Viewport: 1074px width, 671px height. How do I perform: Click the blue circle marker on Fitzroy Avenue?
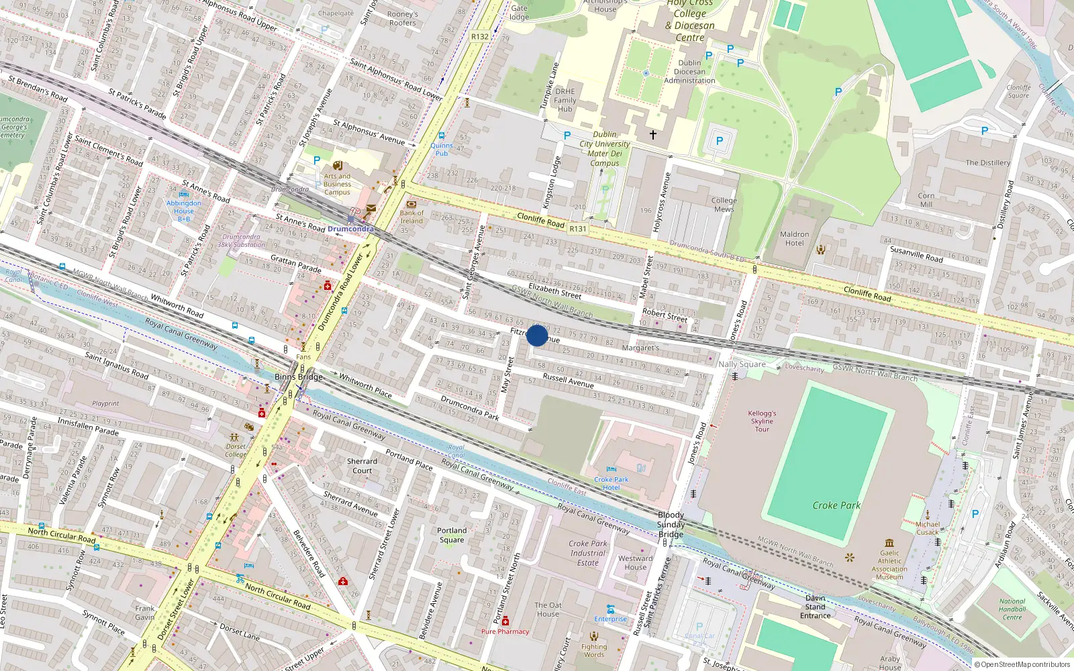[537, 335]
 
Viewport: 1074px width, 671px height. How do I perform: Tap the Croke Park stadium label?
[836, 505]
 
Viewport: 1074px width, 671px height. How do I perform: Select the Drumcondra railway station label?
[350, 229]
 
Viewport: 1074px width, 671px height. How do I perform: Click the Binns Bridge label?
[298, 376]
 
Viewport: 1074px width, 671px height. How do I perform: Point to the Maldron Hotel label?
[794, 239]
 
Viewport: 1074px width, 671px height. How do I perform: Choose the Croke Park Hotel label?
[611, 483]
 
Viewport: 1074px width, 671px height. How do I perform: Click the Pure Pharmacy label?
[505, 631]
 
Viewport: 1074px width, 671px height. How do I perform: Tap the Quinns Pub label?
[442, 149]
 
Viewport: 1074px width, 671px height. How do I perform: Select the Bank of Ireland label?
[411, 217]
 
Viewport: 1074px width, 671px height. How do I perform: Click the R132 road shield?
[480, 37]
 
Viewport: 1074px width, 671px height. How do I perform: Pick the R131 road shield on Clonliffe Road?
[578, 229]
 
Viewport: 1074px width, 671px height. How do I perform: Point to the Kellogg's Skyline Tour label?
[762, 421]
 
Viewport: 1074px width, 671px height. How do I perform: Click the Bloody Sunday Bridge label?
[671, 525]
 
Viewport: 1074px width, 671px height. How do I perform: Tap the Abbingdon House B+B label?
[183, 211]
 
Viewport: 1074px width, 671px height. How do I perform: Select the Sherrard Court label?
[362, 466]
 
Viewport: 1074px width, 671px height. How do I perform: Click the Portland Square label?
[452, 535]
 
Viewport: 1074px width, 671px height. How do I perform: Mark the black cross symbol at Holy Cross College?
[652, 135]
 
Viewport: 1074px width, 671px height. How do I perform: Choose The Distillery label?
[987, 162]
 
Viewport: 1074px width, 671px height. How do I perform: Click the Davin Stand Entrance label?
[816, 607]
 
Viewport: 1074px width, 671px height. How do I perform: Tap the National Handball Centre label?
[1012, 609]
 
